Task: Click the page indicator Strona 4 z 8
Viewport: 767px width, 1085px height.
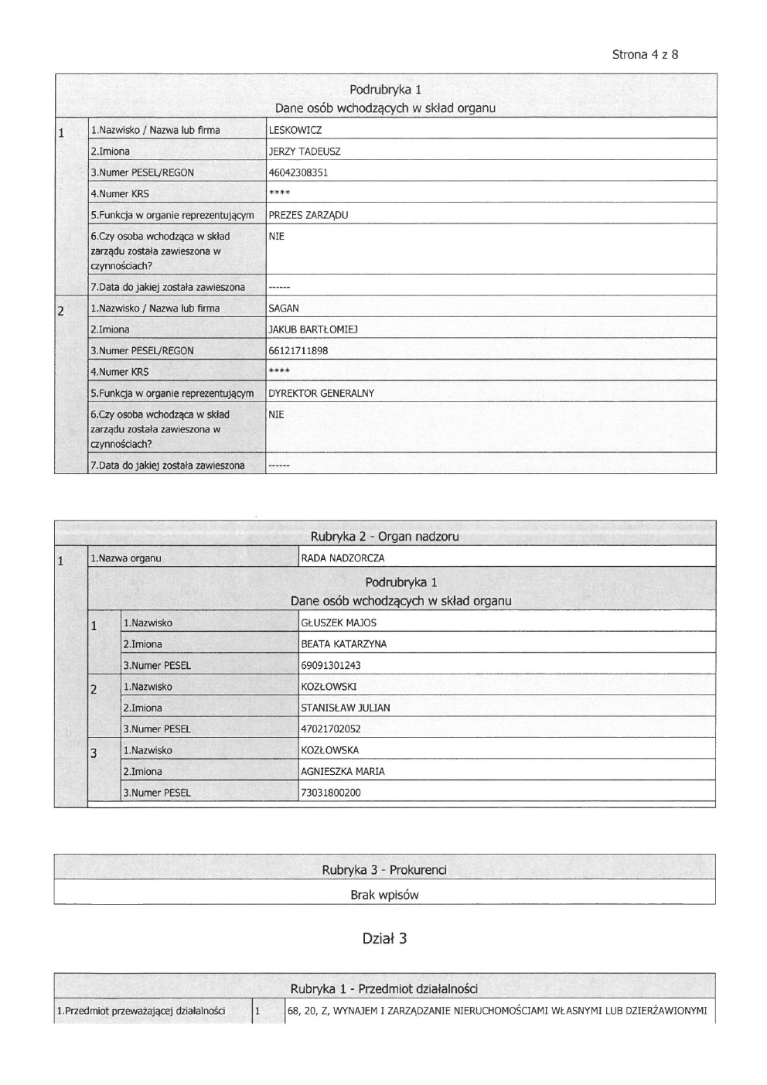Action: [x=645, y=55]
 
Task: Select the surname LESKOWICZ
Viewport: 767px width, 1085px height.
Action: [x=295, y=131]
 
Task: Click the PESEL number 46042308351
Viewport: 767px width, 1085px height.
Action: [x=298, y=173]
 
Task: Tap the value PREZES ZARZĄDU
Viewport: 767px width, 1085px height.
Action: [x=308, y=216]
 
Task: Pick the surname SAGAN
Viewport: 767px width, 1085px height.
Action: [x=284, y=309]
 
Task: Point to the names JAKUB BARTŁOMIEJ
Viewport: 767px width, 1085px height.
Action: [x=312, y=330]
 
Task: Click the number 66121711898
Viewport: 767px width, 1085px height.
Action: [x=298, y=351]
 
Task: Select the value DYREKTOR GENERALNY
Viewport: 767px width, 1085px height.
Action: [x=321, y=394]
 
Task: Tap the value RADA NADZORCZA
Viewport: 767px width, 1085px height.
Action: [x=343, y=558]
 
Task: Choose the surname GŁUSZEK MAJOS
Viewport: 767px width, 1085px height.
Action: [x=339, y=623]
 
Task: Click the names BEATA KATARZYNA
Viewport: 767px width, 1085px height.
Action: [x=343, y=644]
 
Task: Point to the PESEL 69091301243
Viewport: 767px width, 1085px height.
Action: [x=331, y=666]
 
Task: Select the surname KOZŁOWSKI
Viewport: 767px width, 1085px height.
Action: [x=329, y=687]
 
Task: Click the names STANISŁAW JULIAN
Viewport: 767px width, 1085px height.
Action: [x=345, y=708]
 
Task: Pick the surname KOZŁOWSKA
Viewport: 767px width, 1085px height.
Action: [x=329, y=751]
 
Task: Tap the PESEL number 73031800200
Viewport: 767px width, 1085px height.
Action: [x=331, y=793]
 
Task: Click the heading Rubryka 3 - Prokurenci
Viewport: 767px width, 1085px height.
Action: [x=384, y=871]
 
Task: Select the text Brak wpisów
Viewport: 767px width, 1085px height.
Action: [x=384, y=896]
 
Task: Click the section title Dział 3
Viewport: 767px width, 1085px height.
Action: [x=384, y=939]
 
